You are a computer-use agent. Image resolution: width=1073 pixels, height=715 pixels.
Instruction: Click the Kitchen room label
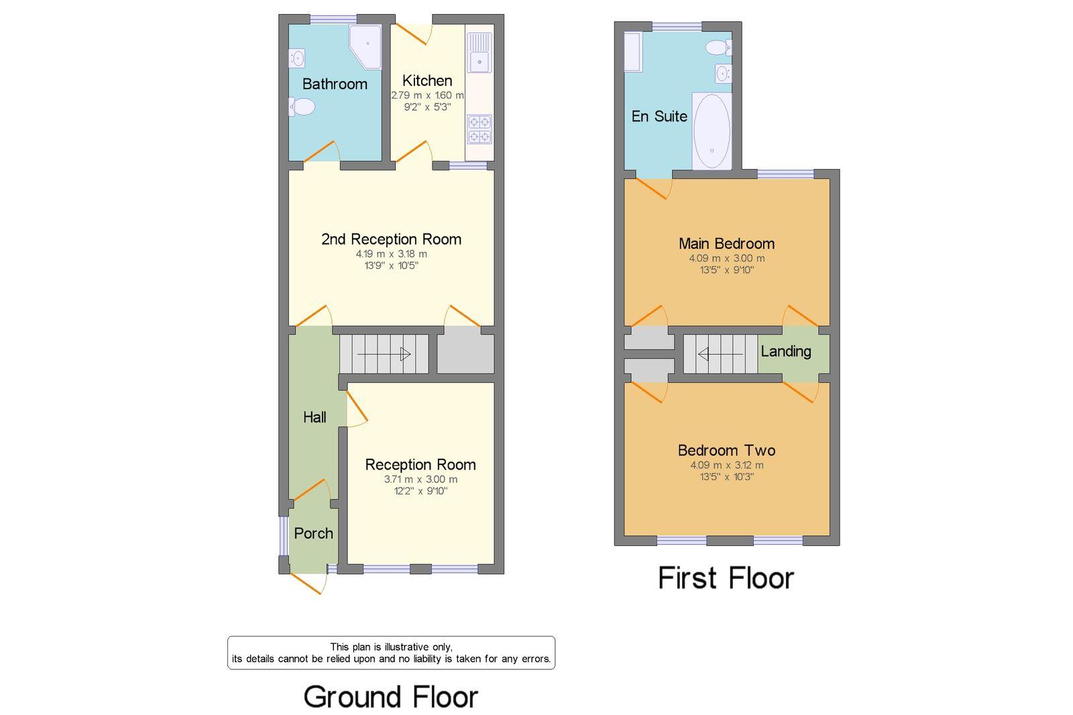click(x=427, y=80)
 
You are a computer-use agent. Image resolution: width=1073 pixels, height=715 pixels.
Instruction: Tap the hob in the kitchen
click(x=479, y=129)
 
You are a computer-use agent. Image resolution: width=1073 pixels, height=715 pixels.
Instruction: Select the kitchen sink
click(x=479, y=53)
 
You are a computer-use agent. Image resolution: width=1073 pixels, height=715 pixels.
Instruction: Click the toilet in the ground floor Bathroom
click(x=301, y=107)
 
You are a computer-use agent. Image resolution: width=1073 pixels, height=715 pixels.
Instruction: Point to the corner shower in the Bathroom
click(x=365, y=46)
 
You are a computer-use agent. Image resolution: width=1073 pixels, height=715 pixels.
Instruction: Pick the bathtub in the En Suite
click(x=712, y=131)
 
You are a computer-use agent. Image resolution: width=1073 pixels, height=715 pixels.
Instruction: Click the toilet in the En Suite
click(x=718, y=48)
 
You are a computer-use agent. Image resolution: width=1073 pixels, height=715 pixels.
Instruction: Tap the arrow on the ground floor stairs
click(x=384, y=354)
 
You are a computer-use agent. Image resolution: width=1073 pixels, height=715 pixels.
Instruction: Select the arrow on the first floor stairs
click(x=720, y=354)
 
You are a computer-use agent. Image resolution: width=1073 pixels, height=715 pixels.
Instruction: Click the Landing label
click(x=785, y=351)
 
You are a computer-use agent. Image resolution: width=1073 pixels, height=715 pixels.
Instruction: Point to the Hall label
click(x=315, y=417)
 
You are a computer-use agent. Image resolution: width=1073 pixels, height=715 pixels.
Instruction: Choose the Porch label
click(x=313, y=533)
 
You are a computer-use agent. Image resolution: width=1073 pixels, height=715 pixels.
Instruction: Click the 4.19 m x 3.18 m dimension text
click(x=391, y=254)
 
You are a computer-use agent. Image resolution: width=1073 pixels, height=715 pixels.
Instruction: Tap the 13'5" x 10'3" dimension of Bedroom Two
click(x=727, y=476)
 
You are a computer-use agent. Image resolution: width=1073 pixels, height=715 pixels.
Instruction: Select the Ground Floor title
click(x=391, y=697)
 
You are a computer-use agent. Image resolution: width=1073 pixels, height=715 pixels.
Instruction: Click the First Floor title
click(x=726, y=578)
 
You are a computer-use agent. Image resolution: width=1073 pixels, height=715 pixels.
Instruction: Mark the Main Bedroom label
click(x=727, y=243)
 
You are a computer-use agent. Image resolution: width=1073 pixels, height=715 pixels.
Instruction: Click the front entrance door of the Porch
click(x=309, y=583)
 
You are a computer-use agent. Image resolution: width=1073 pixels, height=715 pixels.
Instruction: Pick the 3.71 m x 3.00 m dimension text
click(x=420, y=479)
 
